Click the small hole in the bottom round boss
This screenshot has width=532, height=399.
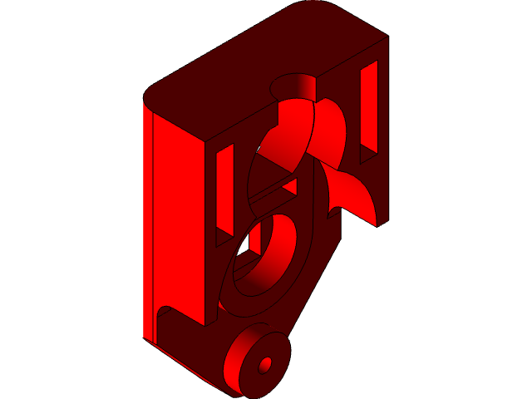(x=266, y=365)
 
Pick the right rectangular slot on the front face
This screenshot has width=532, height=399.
(x=368, y=108)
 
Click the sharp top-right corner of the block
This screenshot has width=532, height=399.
(x=387, y=37)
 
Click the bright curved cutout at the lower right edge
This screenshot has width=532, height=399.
(x=357, y=195)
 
